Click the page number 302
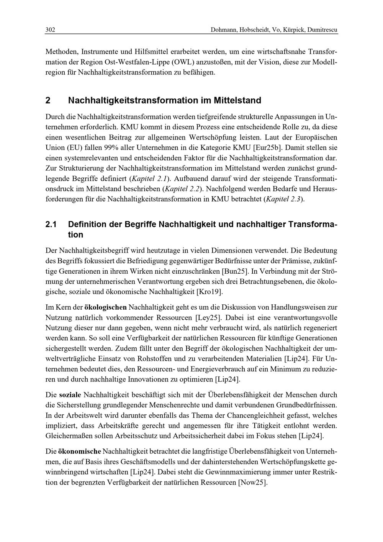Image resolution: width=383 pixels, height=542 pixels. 50,30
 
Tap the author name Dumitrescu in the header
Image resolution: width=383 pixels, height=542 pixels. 322,30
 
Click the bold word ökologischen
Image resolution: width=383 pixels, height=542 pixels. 105,307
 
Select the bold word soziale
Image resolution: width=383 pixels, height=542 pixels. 70,394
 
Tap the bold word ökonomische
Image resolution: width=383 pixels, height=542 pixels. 80,451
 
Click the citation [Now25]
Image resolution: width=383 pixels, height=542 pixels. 252,482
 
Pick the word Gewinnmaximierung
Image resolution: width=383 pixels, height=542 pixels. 226,472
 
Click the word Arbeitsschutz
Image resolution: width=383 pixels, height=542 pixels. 149,436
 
